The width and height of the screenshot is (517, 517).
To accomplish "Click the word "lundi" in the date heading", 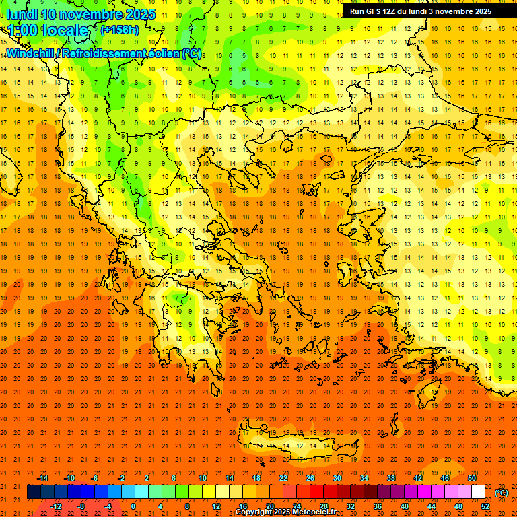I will (22, 14).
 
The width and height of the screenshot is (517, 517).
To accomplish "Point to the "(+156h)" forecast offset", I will (119, 30).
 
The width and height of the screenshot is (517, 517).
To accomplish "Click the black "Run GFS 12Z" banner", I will (420, 11).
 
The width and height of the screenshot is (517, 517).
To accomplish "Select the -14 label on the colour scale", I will (42, 478).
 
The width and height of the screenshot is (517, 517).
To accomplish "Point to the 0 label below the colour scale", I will (133, 506).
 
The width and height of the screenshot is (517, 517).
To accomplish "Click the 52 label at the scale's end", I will (485, 506).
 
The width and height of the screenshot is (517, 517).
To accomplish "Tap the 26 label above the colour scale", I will (310, 478).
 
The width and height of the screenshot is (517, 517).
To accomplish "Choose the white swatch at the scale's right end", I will (478, 492).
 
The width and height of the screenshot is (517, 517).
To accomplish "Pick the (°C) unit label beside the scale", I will (501, 493).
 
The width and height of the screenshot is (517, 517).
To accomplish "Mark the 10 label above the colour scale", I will (202, 478).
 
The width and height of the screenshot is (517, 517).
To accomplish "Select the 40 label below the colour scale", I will (405, 506).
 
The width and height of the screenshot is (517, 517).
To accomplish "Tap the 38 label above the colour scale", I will (391, 478).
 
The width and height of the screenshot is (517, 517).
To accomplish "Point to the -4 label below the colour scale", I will (108, 506).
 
